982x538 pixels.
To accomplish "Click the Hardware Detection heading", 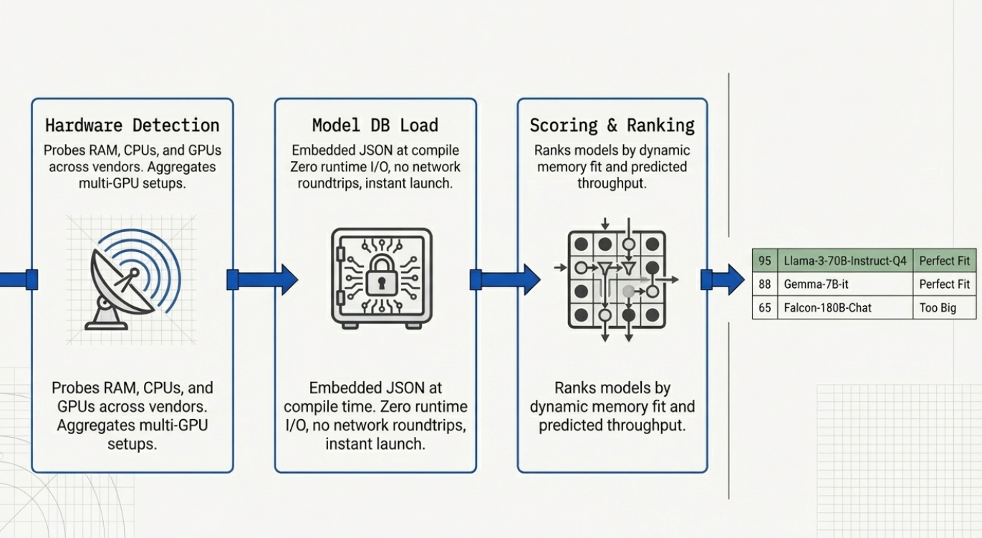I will tap(133, 125).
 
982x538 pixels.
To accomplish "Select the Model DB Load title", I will tap(375, 125).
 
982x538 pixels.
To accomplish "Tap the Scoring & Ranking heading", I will tap(612, 125).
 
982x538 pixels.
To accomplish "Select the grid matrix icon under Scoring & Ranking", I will tap(616, 279).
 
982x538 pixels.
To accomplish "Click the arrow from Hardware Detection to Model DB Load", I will tap(262, 279).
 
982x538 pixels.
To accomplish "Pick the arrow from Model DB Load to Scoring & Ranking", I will tap(505, 279).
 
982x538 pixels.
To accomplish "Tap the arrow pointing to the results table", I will tap(723, 279).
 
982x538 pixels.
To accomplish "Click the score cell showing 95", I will tap(765, 261).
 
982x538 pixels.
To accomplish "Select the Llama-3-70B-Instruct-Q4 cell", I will tap(845, 261).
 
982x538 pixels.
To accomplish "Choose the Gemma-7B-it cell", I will tap(845, 284).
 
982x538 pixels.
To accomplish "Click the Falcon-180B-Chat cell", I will tap(845, 308).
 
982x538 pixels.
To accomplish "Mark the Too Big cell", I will tap(945, 308).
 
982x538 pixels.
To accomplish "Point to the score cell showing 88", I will tap(765, 284).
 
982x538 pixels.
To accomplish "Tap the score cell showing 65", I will tap(765, 308).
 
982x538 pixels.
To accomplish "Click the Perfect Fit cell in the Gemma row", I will tap(945, 284).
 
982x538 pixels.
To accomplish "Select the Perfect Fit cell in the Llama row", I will tap(945, 261).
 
